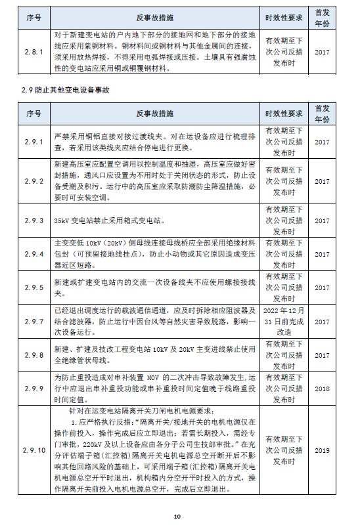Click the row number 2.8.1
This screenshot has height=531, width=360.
click(x=33, y=51)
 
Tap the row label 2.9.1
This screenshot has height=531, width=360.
click(x=33, y=142)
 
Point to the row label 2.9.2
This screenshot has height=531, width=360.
click(x=33, y=181)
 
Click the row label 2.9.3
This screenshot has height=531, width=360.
click(x=33, y=221)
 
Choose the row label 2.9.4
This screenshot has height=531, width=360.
click(x=33, y=253)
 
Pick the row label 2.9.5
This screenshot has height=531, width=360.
click(x=33, y=287)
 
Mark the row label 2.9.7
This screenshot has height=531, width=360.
click(x=33, y=322)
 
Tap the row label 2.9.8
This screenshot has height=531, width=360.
click(x=33, y=355)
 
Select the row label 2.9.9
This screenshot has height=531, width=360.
click(x=33, y=389)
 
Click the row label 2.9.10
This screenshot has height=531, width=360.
click(x=33, y=450)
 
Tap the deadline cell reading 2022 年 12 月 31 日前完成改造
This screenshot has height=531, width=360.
click(x=284, y=322)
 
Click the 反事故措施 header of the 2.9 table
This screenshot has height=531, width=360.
click(x=155, y=113)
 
